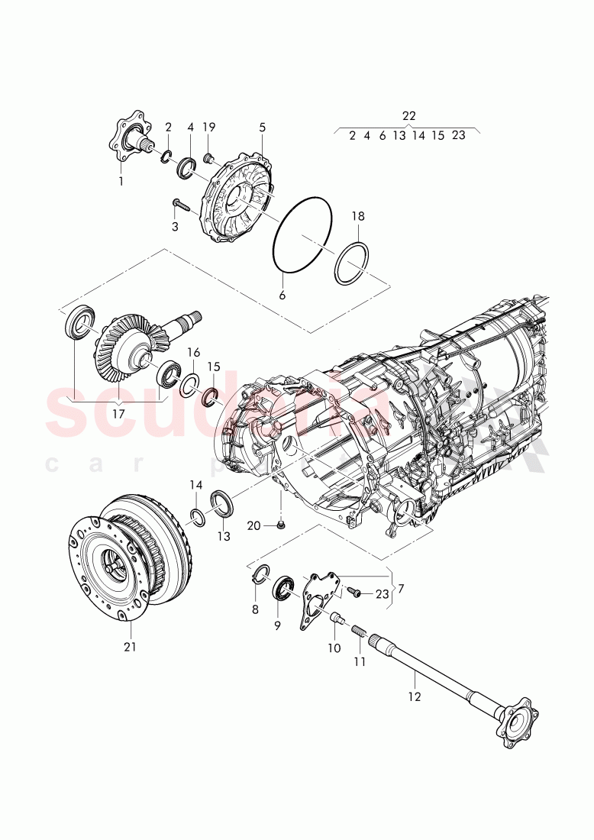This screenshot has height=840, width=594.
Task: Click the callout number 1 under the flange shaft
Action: point(120,181)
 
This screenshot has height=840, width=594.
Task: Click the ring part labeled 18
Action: point(352,263)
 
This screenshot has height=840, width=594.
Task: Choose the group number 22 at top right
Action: point(408,115)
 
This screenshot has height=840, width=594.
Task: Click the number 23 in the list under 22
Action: point(458,136)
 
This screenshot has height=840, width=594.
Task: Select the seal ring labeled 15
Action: point(211,396)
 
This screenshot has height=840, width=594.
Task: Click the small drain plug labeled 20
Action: point(281,525)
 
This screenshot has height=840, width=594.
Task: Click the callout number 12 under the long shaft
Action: point(413,696)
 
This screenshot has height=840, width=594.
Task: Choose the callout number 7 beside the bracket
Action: point(402,589)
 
